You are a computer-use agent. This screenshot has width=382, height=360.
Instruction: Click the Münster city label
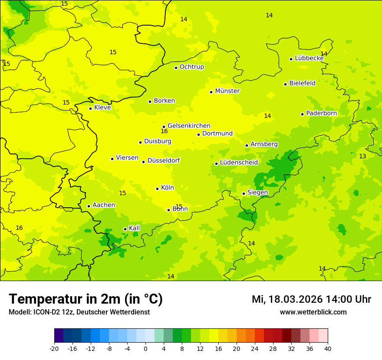pos(227,91)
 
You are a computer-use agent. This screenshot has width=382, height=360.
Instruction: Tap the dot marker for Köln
pos(157,189)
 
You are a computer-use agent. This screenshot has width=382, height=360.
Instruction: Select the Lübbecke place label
pos(309,58)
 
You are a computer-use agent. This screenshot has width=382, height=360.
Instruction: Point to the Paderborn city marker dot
pos(302,114)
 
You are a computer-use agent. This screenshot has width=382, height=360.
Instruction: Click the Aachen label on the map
pos(104,205)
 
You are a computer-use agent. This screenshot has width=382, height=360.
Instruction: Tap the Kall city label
pos(134,228)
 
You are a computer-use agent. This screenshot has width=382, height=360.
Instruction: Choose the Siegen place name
pos(257,193)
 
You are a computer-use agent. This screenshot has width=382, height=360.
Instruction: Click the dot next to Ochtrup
pos(176,68)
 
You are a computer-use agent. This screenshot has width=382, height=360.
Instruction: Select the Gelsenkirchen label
pos(189,126)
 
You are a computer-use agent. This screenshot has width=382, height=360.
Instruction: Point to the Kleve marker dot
pos(90,108)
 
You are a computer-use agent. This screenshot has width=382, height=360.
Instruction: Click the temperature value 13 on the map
pos(362,156)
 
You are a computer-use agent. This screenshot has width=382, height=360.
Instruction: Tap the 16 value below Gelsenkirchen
pos(164,131)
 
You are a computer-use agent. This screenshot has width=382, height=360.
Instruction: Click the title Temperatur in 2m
pos(86,299)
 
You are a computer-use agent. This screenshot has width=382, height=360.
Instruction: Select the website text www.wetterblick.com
pos(313,312)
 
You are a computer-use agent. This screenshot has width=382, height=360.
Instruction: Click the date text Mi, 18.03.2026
pos(287,299)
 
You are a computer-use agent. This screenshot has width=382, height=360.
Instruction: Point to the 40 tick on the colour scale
pos(328,349)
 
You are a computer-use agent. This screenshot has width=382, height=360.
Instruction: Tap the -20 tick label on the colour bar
pos(54,349)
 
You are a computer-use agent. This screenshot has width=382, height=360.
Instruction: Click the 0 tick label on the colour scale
pos(145,349)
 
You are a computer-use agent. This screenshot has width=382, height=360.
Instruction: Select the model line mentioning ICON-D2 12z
pos(79,312)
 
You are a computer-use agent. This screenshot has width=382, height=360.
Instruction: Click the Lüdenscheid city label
pos(239,163)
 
